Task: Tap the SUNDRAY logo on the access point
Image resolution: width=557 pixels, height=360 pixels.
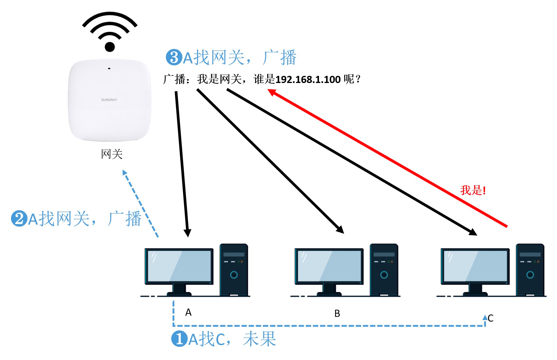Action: click(x=109, y=100)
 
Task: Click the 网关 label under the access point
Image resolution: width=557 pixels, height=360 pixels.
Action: click(x=112, y=154)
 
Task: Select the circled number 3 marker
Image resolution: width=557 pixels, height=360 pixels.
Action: click(x=174, y=57)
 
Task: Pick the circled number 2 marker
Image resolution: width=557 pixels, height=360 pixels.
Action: click(x=19, y=218)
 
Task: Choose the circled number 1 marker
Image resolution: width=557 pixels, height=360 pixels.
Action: click(x=179, y=339)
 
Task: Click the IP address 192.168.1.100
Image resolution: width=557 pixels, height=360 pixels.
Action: click(x=308, y=79)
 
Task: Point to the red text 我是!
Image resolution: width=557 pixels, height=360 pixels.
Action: click(x=473, y=190)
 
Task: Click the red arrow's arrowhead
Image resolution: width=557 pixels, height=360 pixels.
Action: click(x=271, y=92)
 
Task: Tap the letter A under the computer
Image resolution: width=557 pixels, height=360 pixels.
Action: click(x=188, y=312)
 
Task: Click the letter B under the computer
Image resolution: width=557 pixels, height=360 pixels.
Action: click(x=337, y=313)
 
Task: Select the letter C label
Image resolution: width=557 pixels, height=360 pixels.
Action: click(x=491, y=318)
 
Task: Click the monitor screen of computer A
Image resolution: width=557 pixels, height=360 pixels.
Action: click(x=179, y=266)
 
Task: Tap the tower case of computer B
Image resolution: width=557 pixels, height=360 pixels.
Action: click(x=384, y=270)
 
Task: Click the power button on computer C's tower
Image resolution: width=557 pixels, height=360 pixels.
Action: click(x=530, y=275)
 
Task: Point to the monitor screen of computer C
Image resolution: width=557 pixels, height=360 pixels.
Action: click(x=475, y=266)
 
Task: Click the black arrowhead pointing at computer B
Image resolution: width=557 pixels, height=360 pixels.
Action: click(x=340, y=229)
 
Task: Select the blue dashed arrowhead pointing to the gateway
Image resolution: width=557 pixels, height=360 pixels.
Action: click(x=125, y=172)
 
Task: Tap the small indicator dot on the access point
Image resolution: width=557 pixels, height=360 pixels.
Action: click(x=109, y=68)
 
